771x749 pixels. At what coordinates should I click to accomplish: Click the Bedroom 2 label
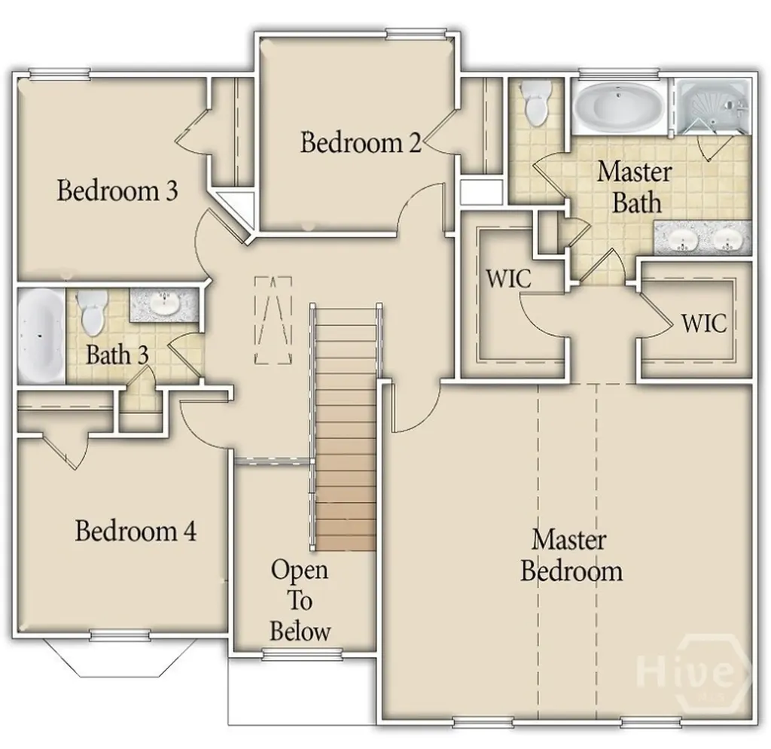tap(360, 142)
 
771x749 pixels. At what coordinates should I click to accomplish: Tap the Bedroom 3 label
tap(117, 191)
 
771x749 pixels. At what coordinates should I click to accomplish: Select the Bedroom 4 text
tap(136, 531)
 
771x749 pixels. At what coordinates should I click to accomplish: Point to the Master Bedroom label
tap(571, 556)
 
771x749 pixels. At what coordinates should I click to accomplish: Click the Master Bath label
tap(634, 187)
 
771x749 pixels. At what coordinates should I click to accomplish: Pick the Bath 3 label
tap(117, 355)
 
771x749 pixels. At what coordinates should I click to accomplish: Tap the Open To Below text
tap(300, 600)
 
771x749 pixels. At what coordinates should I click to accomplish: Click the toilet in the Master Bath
tap(537, 102)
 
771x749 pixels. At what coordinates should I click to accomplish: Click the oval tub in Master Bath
tap(619, 108)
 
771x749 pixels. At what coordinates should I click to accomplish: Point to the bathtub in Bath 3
tap(41, 335)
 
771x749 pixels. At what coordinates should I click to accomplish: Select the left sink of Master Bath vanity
tap(684, 240)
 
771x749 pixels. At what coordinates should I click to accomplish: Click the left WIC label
tap(508, 279)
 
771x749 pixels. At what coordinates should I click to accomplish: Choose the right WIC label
tap(704, 323)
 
